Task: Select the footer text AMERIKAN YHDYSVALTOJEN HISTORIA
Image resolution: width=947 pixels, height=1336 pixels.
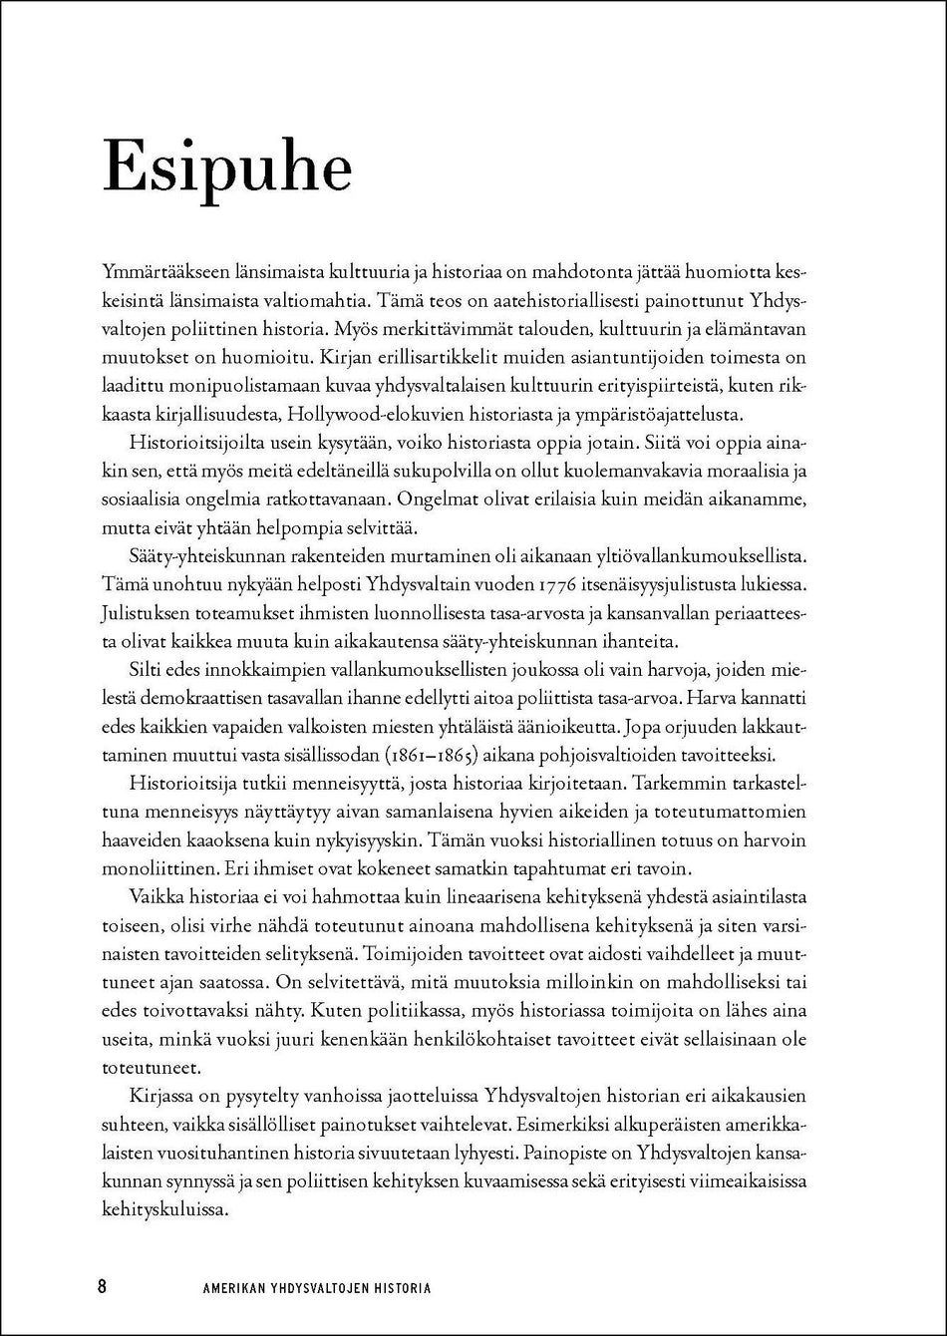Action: [x=317, y=1287]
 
